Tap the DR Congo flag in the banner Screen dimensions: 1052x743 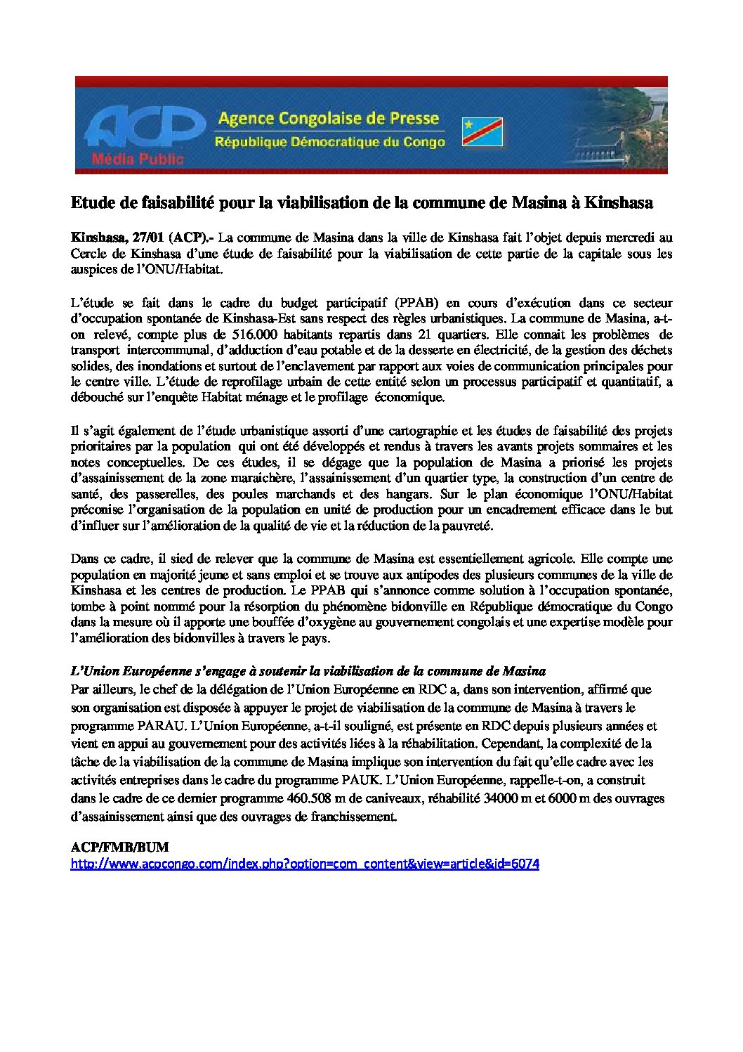482,131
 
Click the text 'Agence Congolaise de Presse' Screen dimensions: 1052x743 328,118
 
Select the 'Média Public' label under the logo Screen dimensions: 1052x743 138,159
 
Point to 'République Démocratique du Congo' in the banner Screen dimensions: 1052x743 329,143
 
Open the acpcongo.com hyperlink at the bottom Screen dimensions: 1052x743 304,864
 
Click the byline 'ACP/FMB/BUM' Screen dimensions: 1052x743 119,848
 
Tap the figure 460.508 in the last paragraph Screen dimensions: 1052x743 310,799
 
